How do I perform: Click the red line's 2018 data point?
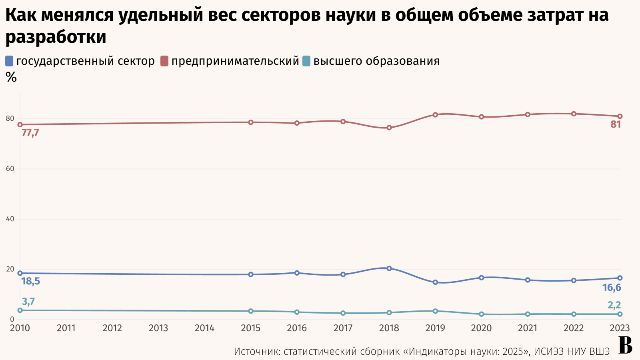389,128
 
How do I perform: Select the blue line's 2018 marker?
389,268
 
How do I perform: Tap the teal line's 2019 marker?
435,311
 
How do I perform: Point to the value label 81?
616,125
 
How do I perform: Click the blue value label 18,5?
30,282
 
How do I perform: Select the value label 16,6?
612,288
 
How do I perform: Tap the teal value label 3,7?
28,302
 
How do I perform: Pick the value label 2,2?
614,305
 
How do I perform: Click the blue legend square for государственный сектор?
10,61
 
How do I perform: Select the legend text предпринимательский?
235,61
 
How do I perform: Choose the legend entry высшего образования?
376,61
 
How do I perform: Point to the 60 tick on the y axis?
10,169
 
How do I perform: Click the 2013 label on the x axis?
158,328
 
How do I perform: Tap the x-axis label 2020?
481,328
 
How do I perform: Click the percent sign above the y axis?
11,77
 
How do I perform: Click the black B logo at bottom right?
625,346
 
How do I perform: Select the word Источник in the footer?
257,352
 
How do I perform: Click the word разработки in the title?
56,37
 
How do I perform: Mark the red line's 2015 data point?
251,122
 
